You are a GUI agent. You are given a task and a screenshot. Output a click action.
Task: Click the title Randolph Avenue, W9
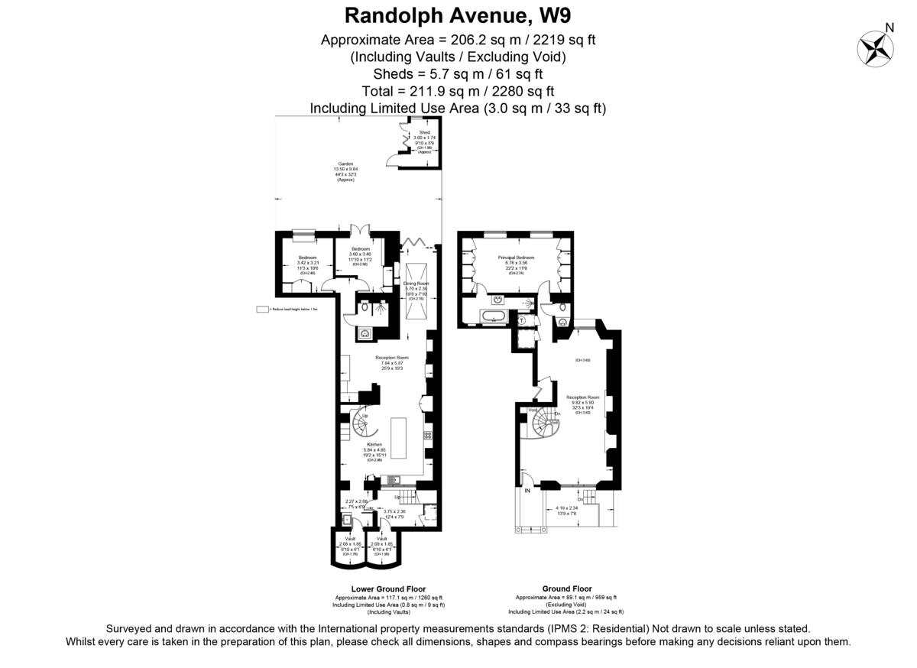(x=458, y=15)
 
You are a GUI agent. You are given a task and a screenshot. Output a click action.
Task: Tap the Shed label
(x=424, y=132)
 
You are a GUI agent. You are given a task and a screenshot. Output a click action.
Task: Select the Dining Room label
(x=416, y=284)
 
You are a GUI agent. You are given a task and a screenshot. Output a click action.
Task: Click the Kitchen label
(x=374, y=444)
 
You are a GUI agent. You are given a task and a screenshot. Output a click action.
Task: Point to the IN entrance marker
(x=527, y=490)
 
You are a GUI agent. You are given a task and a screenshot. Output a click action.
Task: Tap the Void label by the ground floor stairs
(x=533, y=410)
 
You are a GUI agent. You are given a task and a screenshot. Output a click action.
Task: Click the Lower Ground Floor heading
(x=388, y=589)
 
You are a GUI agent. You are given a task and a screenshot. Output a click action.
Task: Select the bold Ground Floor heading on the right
(x=566, y=589)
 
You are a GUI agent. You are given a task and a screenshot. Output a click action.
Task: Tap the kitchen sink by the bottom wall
(x=394, y=480)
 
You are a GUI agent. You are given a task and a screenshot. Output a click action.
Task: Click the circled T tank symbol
(x=522, y=321)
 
